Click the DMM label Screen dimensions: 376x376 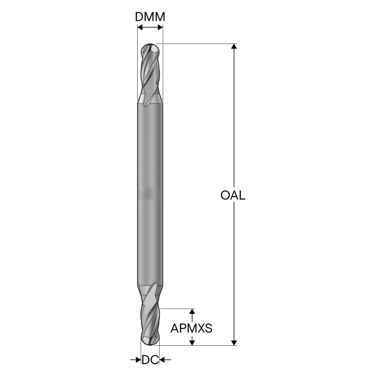tap(150, 17)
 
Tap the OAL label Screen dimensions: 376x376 tap(233, 195)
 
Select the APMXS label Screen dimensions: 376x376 tap(191, 328)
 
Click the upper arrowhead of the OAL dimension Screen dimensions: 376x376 tap(234, 46)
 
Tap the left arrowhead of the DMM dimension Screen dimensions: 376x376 tap(140, 28)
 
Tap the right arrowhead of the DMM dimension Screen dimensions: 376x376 tap(160, 28)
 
